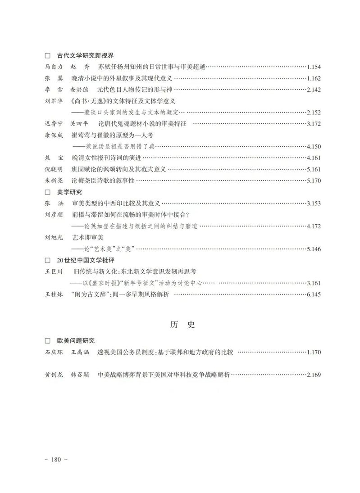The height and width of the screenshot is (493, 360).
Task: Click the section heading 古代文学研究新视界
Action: coord(85,56)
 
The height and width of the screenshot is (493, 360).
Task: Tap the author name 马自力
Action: coord(55,67)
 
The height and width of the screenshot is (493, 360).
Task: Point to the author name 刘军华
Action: coord(55,101)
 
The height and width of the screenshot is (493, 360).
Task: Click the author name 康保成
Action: coord(55,135)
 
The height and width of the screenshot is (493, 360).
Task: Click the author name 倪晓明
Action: coord(55,170)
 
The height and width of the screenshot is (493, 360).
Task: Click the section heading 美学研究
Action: coord(69,192)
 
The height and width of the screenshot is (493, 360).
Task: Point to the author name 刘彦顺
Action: coord(55,215)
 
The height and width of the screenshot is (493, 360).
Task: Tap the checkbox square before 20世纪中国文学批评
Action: coord(47,260)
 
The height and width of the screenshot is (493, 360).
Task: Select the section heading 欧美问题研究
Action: coord(76,341)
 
